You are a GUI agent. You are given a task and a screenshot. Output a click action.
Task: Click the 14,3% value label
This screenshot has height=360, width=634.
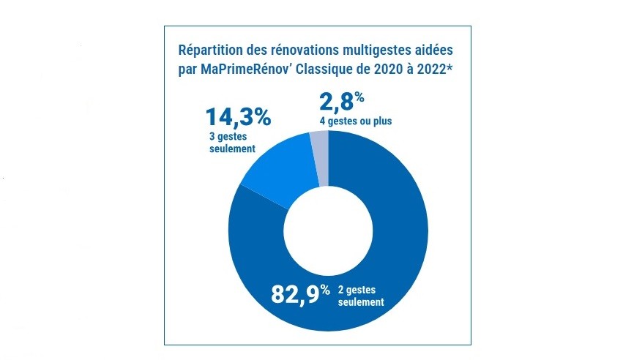coord(237,117)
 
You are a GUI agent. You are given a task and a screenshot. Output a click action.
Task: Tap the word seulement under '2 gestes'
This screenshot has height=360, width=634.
coord(361,301)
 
